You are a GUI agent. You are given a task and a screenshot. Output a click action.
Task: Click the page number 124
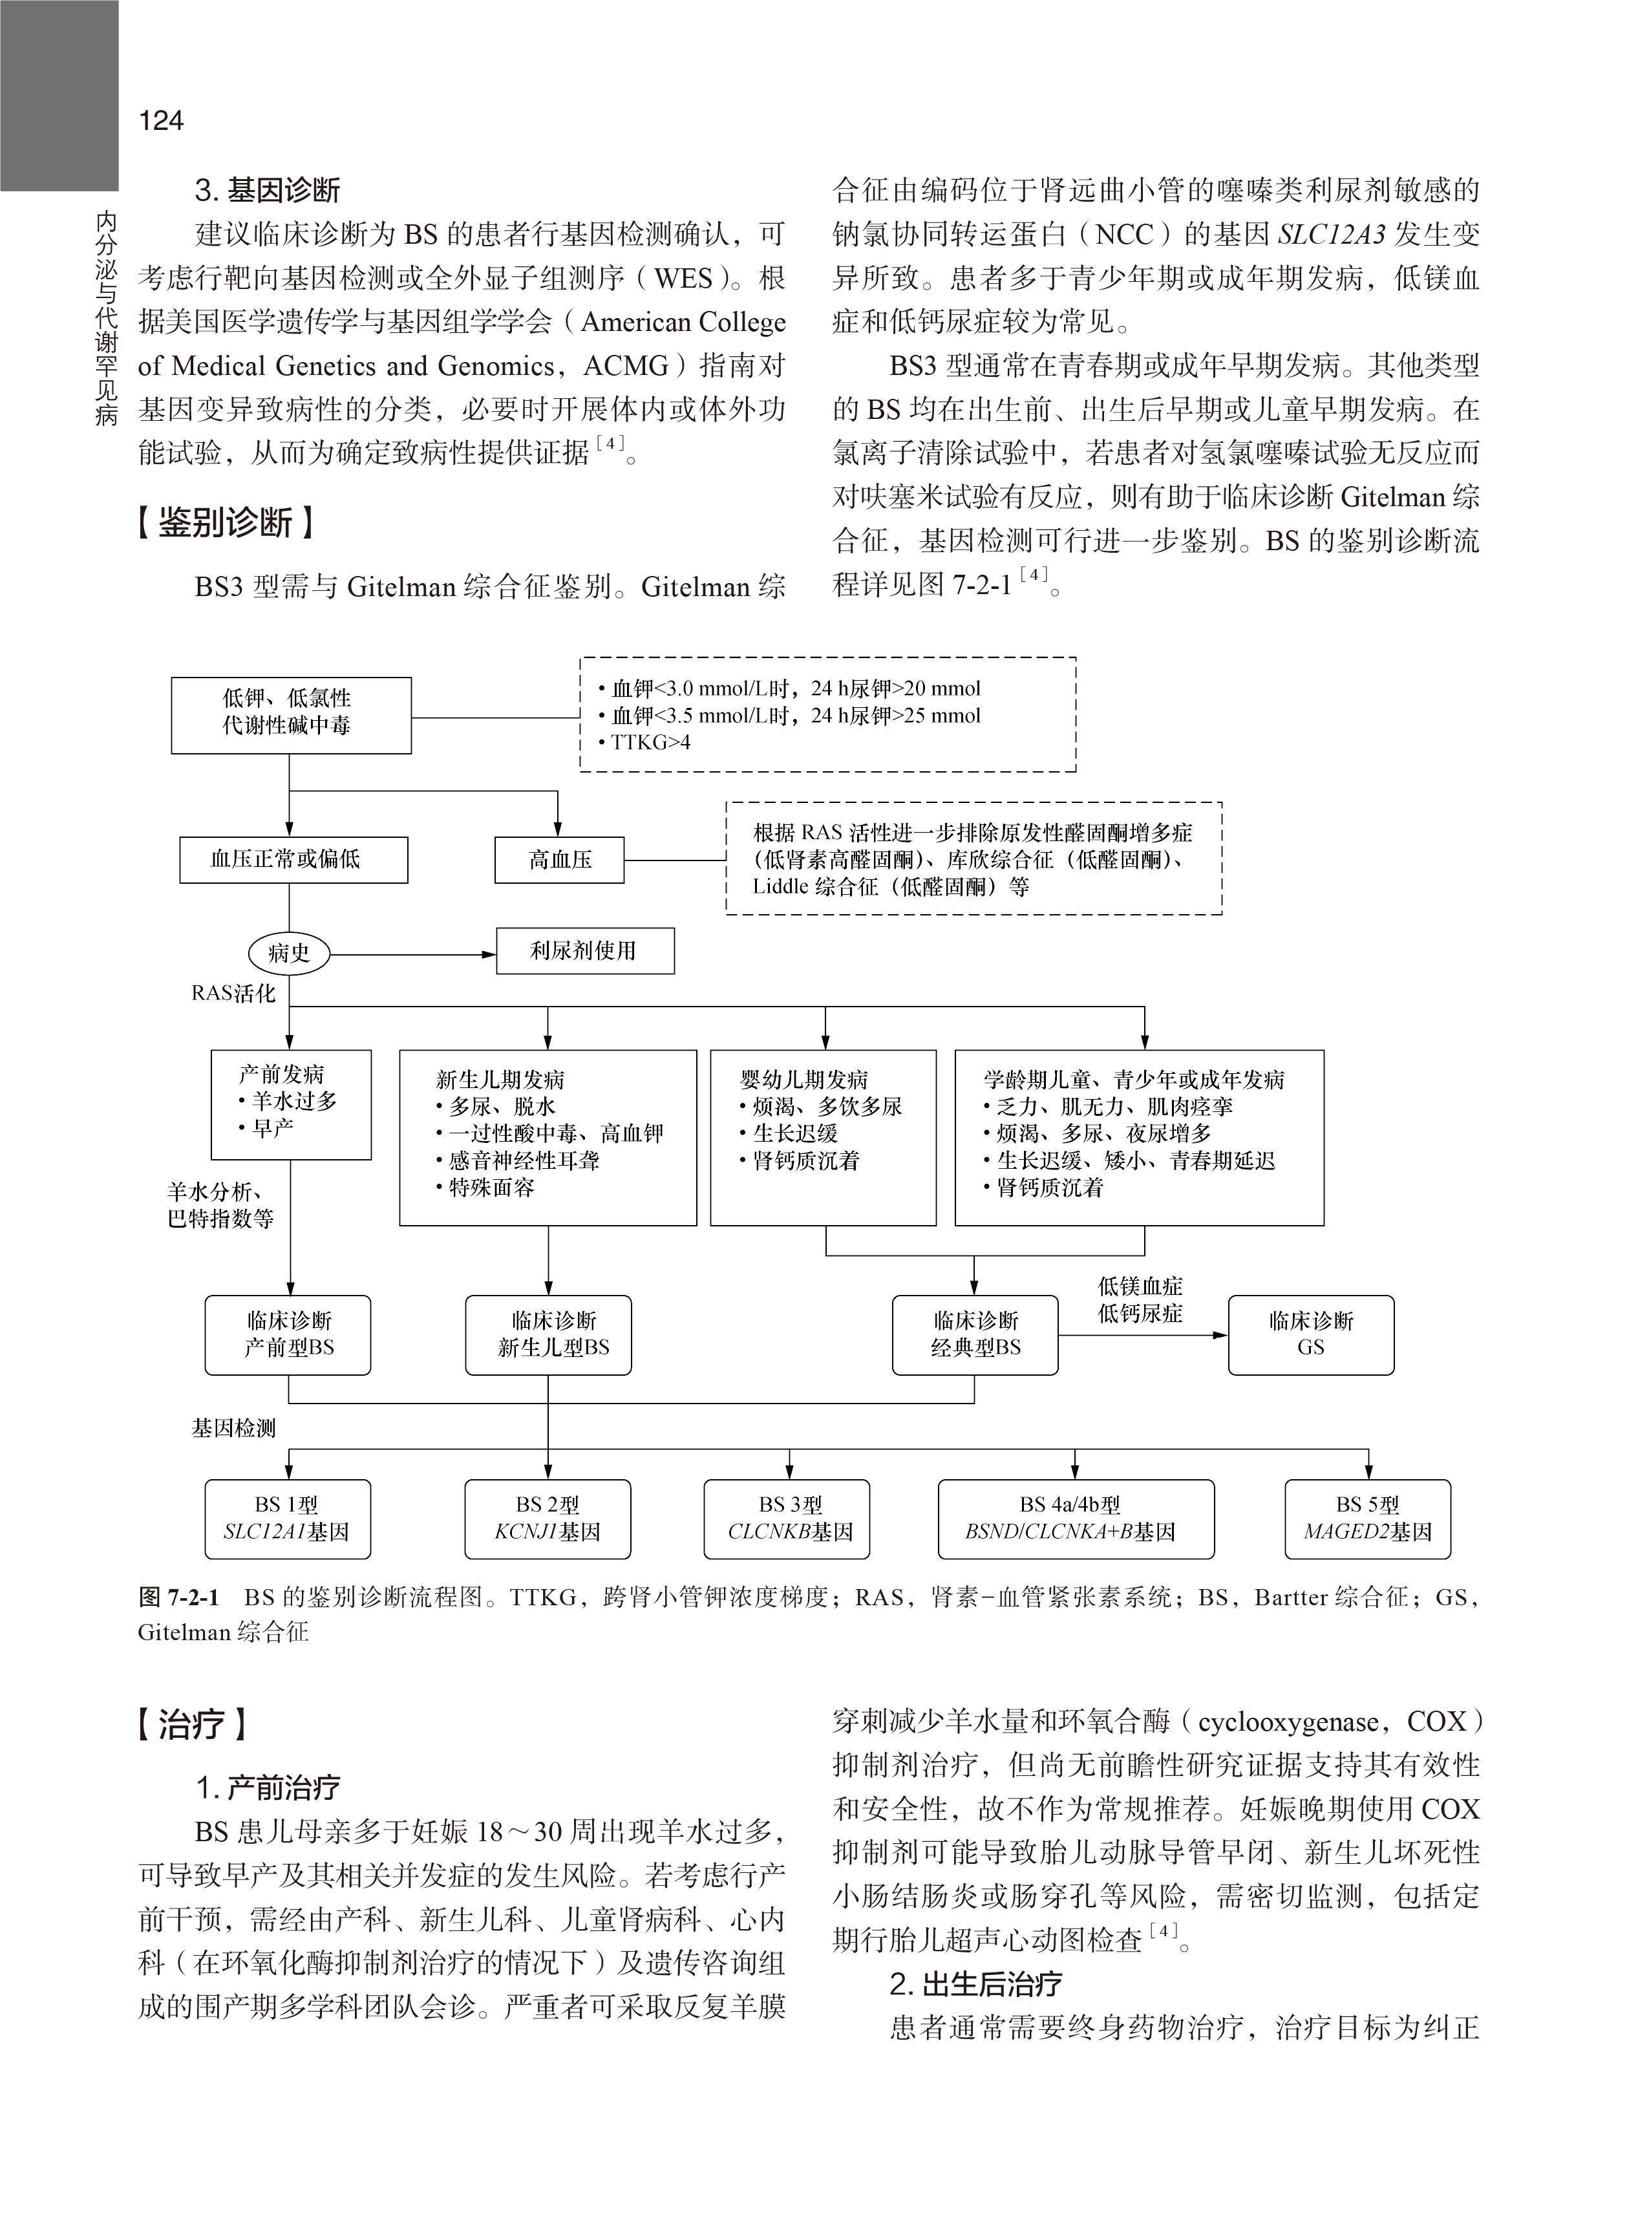point(161,121)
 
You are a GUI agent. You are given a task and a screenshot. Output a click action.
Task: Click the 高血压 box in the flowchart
point(559,859)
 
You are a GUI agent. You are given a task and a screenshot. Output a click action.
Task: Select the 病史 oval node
point(288,954)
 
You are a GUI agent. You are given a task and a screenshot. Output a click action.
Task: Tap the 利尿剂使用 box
point(585,950)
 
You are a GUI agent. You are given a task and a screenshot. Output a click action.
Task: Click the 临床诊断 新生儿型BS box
point(548,1334)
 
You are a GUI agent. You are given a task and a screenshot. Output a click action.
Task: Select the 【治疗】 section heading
point(191,1724)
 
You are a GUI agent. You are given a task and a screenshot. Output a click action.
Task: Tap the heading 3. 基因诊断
point(268,189)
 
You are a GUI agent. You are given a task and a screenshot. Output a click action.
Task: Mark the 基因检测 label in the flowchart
point(233,1429)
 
